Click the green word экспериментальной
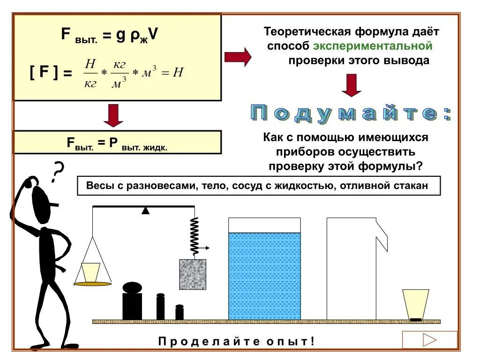coord(372,46)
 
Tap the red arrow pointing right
coord(238,57)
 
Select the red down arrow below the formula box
coord(113,115)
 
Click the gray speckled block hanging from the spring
coord(193,274)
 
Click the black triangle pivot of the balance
coord(146,210)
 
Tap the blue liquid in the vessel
coord(264,277)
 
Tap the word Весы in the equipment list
coord(98,186)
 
